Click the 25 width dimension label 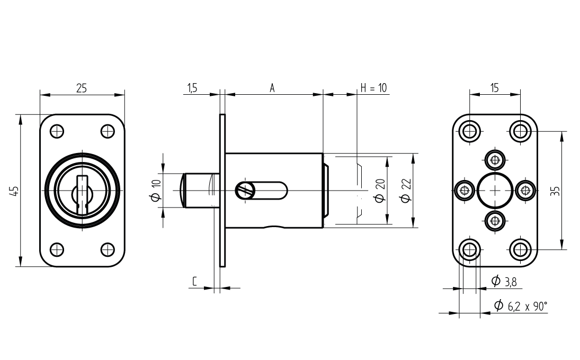[x=82, y=89]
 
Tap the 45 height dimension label [x=15, y=191]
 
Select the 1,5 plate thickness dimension [x=192, y=88]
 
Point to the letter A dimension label [x=272, y=88]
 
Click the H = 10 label [x=373, y=88]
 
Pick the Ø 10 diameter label [x=156, y=191]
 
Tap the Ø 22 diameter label [x=406, y=191]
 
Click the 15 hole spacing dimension [x=495, y=88]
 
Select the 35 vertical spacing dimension [x=556, y=191]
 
